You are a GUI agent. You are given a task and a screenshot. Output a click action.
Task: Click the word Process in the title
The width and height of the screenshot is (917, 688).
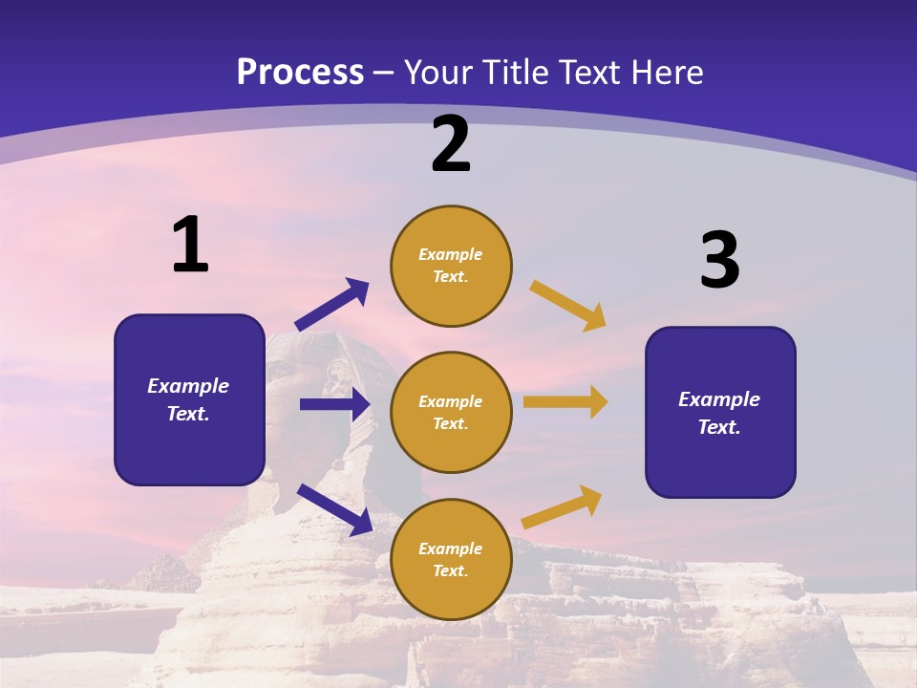[x=300, y=72]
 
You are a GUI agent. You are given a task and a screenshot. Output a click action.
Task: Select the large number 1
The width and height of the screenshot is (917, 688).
[x=190, y=245]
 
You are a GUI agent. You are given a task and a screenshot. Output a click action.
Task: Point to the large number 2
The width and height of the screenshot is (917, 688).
[x=451, y=144]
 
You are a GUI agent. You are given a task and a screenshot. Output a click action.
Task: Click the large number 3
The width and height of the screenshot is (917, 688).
[x=720, y=261]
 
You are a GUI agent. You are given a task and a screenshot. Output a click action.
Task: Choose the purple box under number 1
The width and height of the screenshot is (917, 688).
[x=189, y=399]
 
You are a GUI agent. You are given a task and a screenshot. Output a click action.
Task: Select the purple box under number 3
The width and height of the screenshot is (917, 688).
[x=720, y=412]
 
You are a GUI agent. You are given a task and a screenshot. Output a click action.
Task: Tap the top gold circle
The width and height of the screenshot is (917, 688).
[x=451, y=266]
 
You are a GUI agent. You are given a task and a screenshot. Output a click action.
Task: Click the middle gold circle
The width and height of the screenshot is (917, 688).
[x=451, y=412]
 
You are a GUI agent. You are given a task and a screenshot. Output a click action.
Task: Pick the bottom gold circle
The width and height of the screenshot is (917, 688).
[x=451, y=559]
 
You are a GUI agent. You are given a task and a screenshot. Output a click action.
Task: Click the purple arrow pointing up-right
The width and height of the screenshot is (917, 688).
[x=331, y=305]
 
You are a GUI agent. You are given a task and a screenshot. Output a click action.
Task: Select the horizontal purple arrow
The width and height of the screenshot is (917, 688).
[x=334, y=404]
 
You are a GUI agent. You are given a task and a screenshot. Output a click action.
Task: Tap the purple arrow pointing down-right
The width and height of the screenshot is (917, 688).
[x=334, y=508]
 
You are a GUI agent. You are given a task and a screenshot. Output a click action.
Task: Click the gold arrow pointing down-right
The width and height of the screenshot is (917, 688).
[x=568, y=305]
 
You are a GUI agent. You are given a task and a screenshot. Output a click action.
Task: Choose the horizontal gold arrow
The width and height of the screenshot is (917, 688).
[x=565, y=402]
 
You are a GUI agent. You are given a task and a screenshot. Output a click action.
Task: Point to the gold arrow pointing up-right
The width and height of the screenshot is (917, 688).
[x=562, y=506]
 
